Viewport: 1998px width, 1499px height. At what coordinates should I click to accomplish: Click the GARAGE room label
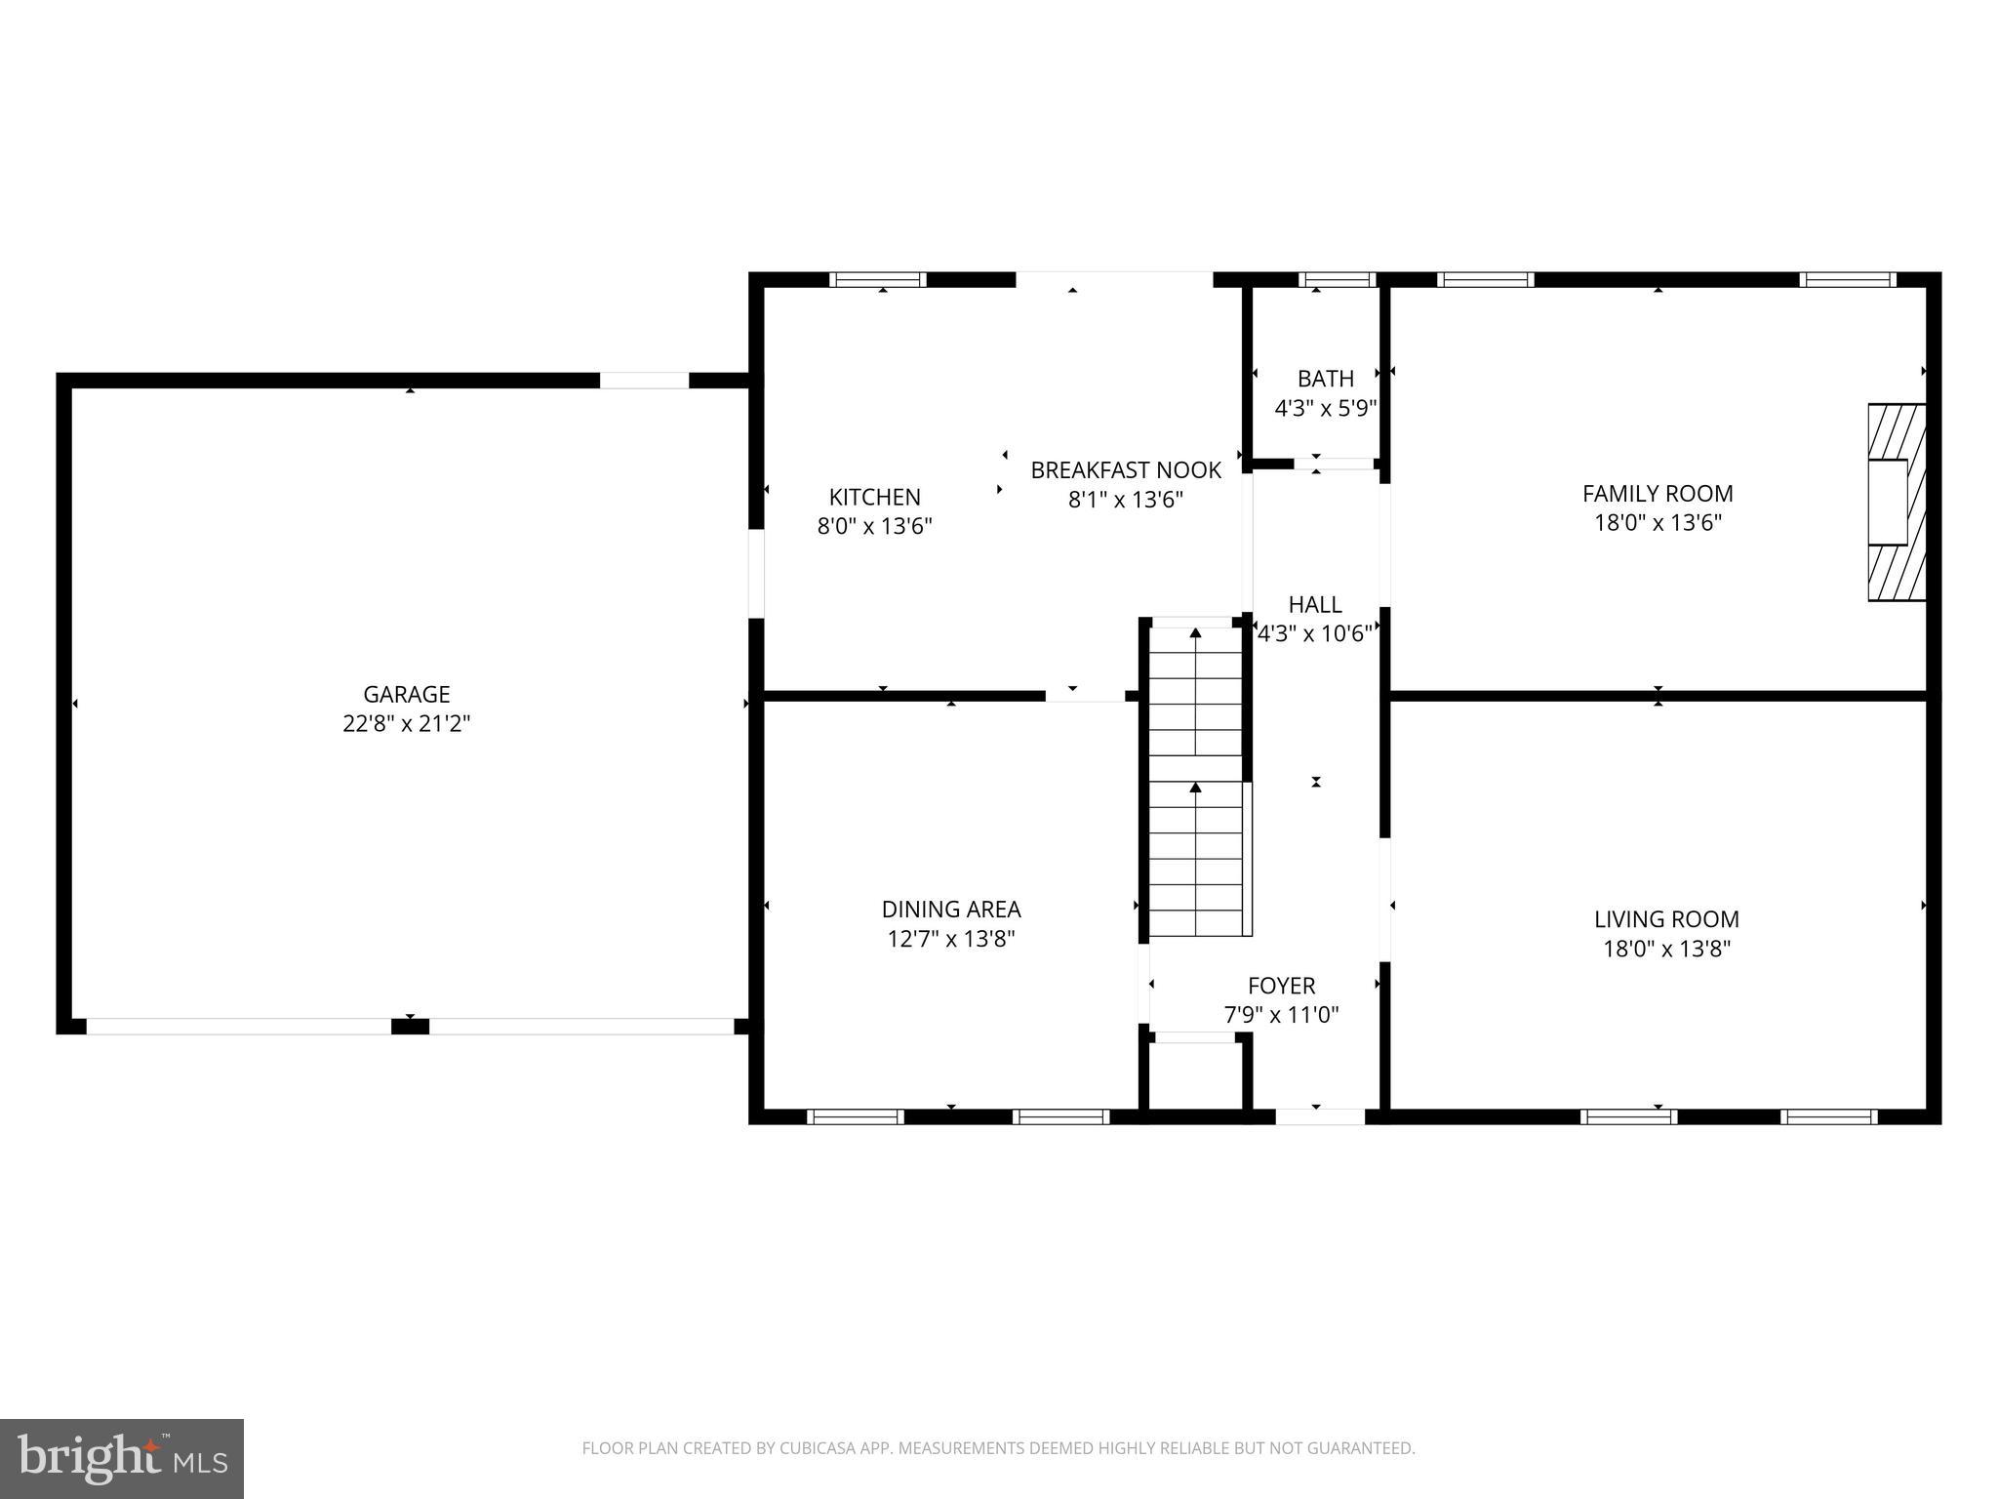(x=406, y=694)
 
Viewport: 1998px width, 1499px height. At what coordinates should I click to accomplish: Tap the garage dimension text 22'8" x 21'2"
(x=406, y=724)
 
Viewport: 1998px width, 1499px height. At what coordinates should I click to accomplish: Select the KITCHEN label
(x=874, y=497)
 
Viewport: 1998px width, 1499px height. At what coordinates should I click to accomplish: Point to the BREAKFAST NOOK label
(x=1125, y=470)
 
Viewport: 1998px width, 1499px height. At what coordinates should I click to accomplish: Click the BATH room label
(x=1325, y=379)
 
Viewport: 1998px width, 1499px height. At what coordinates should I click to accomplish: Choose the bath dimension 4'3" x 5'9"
(x=1325, y=408)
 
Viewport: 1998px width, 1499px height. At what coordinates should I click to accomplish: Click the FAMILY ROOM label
(x=1657, y=494)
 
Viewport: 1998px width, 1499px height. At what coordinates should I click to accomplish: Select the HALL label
(x=1314, y=605)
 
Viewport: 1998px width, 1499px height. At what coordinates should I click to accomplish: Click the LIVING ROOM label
(x=1665, y=919)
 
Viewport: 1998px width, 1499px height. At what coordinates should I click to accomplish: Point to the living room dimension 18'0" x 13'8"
(x=1665, y=949)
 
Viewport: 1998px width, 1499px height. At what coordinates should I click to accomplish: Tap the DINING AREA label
(x=950, y=910)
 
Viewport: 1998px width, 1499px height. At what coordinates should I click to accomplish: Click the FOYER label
(x=1281, y=986)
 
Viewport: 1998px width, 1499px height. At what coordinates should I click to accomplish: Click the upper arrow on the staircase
(x=1195, y=634)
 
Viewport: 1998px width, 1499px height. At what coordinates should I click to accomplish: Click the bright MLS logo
(x=121, y=1458)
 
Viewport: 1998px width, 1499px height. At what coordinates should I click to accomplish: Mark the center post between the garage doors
(x=410, y=1026)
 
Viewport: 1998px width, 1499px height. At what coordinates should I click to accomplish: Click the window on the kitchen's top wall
(x=877, y=280)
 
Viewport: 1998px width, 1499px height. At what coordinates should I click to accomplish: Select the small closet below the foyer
(x=1195, y=1075)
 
